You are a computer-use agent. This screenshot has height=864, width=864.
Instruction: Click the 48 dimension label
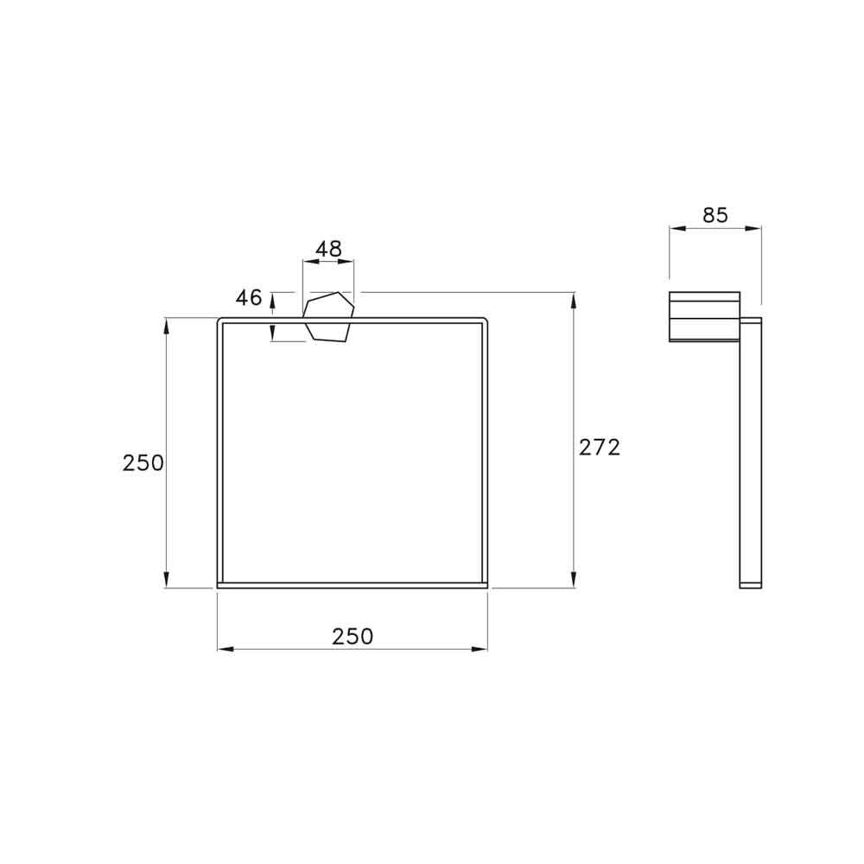(x=328, y=250)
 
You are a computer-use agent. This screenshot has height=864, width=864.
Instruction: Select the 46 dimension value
(x=249, y=298)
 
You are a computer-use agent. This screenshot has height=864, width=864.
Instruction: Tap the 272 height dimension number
(x=600, y=447)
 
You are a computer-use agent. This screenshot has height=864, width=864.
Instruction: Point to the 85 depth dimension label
(x=715, y=215)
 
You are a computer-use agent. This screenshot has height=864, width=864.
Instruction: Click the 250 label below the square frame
(x=353, y=637)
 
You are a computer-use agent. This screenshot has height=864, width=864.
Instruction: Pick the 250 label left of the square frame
(x=143, y=463)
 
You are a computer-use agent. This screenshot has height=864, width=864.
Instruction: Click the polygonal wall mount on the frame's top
(x=329, y=318)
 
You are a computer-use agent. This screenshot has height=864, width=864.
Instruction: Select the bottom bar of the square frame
(x=353, y=585)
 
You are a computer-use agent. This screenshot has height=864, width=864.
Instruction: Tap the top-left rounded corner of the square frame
(x=221, y=322)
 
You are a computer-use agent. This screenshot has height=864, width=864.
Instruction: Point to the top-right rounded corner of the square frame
(x=484, y=322)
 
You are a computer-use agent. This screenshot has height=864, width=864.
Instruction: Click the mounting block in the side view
(x=704, y=316)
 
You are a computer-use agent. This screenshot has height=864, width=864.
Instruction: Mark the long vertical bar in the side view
(x=750, y=454)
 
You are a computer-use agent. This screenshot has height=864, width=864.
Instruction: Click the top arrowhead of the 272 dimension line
(x=574, y=299)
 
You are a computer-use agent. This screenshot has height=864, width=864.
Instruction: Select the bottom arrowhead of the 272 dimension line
(x=574, y=582)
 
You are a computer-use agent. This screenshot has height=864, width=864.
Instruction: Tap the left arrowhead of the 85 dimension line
(x=676, y=229)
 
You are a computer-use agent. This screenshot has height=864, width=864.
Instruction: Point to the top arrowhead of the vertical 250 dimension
(x=166, y=324)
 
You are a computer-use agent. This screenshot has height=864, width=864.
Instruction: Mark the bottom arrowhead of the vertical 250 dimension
(x=166, y=582)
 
